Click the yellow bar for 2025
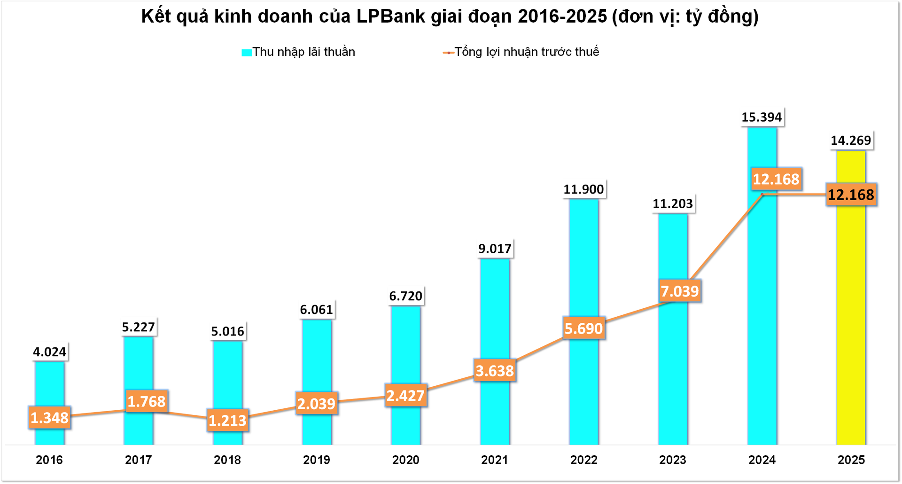click(x=851, y=320)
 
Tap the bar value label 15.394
click(x=762, y=117)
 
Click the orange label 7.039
click(x=680, y=291)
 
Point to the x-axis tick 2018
click(x=227, y=460)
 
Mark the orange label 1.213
click(x=227, y=420)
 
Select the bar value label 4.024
click(x=50, y=352)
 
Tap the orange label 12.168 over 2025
click(x=851, y=195)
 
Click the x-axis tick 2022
click(x=583, y=460)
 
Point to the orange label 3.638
click(x=495, y=371)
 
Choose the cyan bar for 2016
click(x=50, y=385)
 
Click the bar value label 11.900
click(x=583, y=189)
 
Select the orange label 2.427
click(x=405, y=396)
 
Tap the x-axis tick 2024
click(x=762, y=460)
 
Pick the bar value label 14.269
click(x=851, y=141)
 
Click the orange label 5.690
click(x=583, y=328)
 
